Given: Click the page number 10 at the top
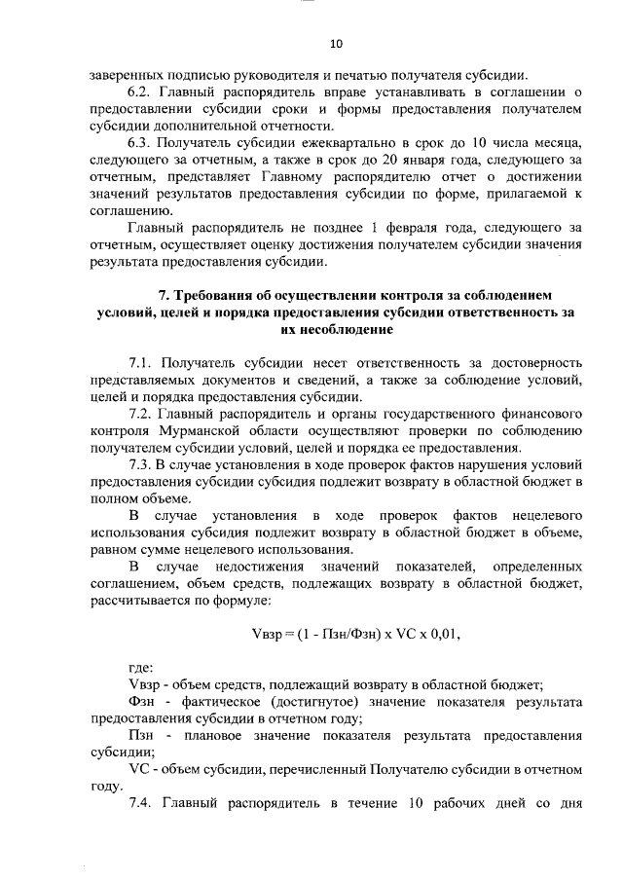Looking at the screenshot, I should pos(336,44).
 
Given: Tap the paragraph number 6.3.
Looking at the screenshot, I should pos(142,142).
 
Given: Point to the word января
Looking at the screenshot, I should pos(444,159).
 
